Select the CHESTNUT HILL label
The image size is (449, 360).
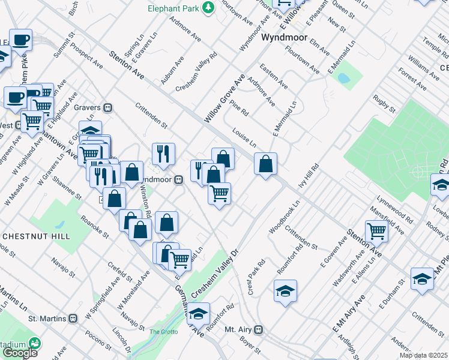tap(37, 236)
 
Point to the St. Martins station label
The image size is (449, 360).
tap(50, 317)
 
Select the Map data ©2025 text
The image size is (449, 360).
tap(423, 355)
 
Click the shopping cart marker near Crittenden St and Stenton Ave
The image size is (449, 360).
tap(376, 229)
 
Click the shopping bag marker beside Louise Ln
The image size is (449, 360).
tap(265, 163)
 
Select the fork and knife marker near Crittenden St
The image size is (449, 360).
tap(163, 154)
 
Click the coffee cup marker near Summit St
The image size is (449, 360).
tap(21, 40)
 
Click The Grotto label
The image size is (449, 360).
tap(160, 332)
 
